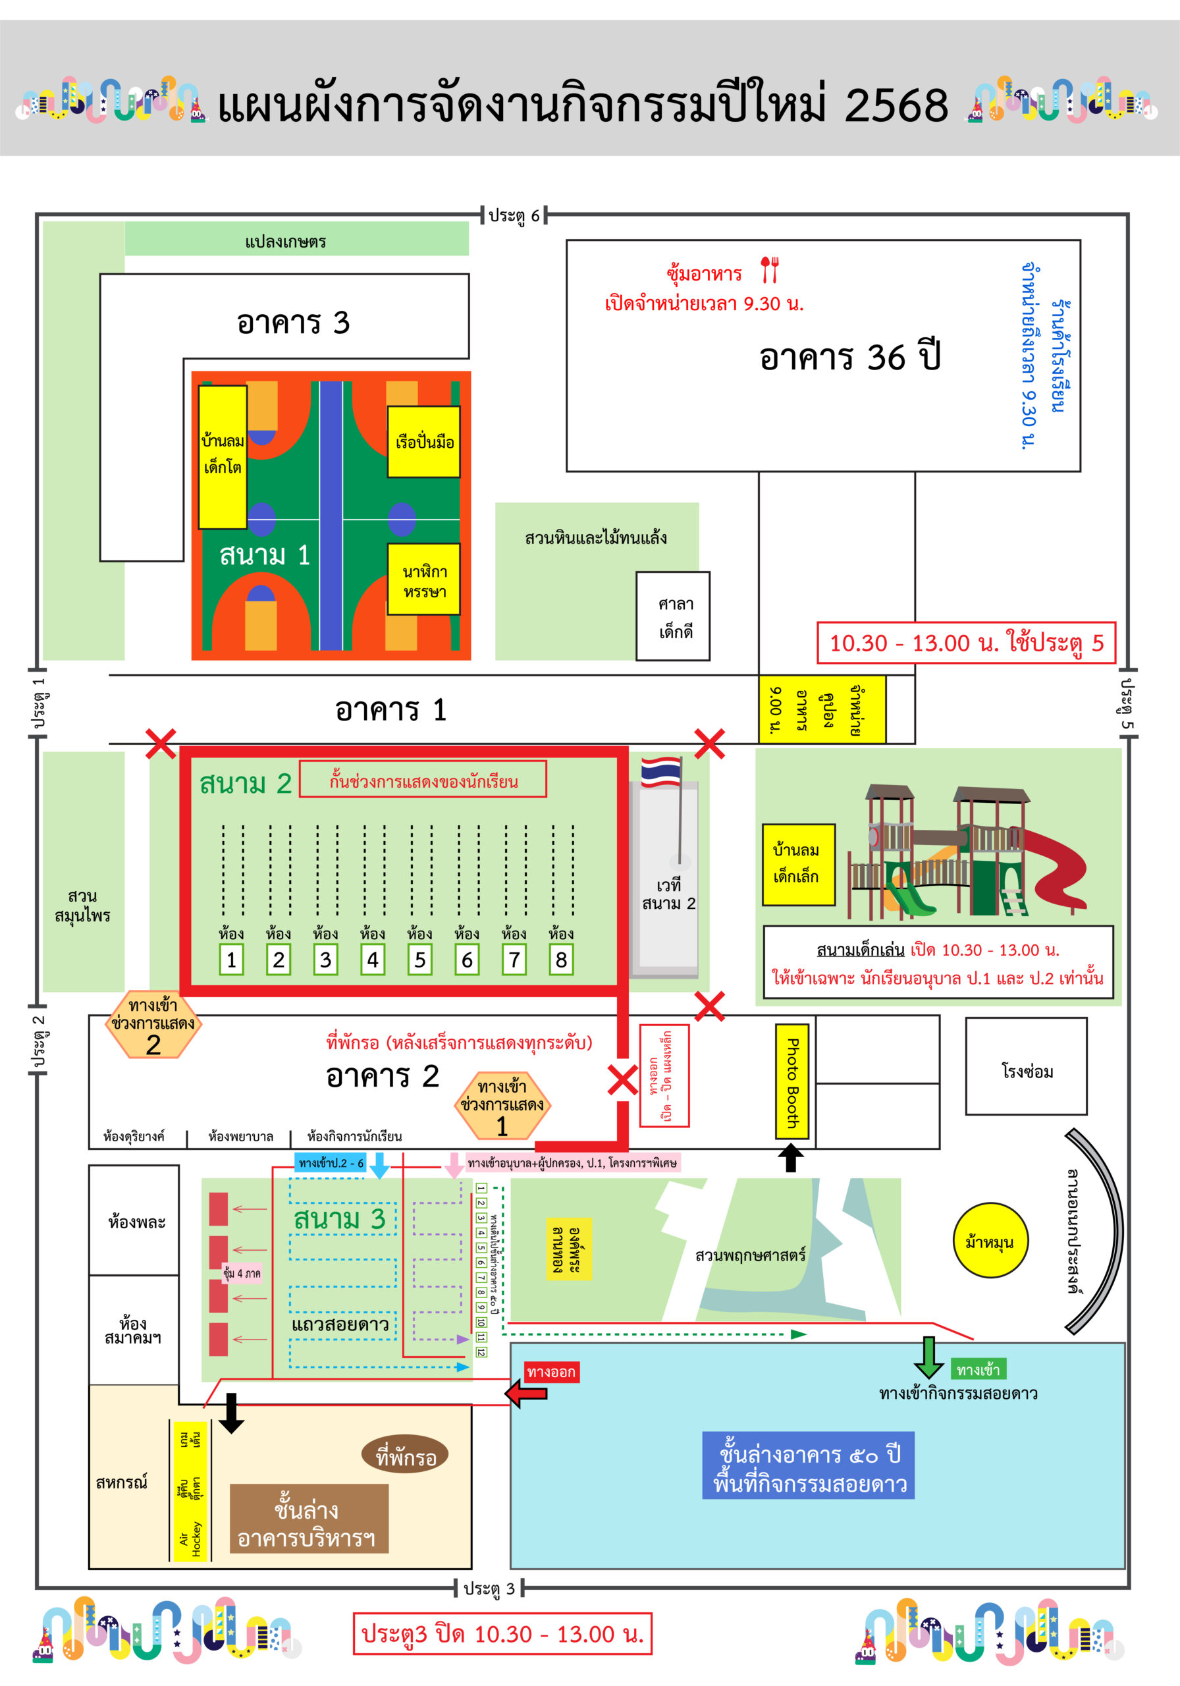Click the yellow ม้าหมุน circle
click(989, 1241)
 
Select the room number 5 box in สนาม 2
click(419, 959)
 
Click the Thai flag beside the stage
click(660, 771)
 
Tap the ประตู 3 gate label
click(489, 1589)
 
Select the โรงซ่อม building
click(1026, 1072)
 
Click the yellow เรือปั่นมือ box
click(423, 441)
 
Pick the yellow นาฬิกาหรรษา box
click(423, 580)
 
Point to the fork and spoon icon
click(769, 269)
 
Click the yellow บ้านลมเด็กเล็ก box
click(798, 863)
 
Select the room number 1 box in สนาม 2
click(231, 959)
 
